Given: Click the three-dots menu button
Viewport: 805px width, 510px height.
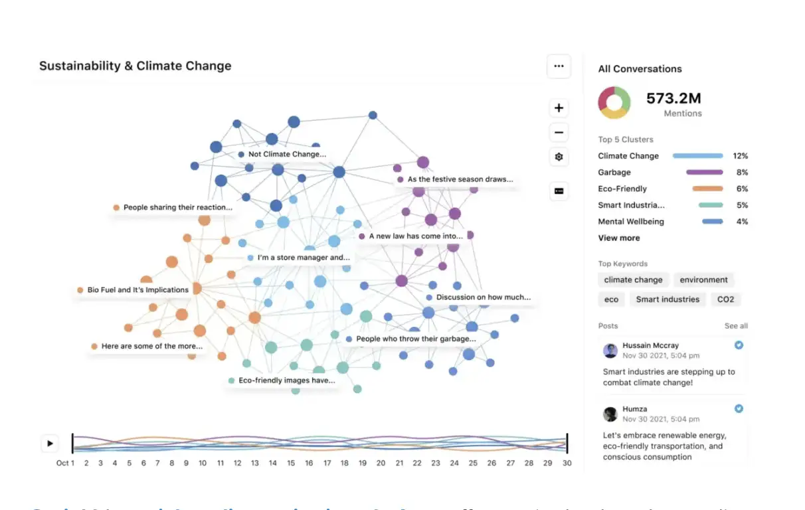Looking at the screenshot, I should pyautogui.click(x=559, y=66).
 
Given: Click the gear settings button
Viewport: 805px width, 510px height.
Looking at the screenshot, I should pyautogui.click(x=559, y=157).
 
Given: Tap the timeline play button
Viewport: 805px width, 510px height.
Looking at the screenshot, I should pyautogui.click(x=50, y=443).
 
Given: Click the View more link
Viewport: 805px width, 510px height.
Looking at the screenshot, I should pyautogui.click(x=619, y=238).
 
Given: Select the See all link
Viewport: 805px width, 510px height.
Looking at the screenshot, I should pyautogui.click(x=736, y=326).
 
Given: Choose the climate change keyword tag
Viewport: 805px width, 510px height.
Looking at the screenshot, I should pyautogui.click(x=633, y=280).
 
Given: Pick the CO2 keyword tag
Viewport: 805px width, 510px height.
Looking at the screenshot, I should pyautogui.click(x=725, y=299).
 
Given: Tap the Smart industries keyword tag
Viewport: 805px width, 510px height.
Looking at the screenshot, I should pyautogui.click(x=668, y=299).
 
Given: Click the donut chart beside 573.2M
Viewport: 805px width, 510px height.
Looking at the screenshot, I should pyautogui.click(x=614, y=103).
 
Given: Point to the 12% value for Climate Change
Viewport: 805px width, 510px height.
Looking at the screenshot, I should pyautogui.click(x=740, y=156).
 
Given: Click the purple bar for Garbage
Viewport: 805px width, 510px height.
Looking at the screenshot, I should pyautogui.click(x=704, y=173).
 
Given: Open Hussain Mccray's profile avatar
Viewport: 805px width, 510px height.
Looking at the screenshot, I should pyautogui.click(x=610, y=351).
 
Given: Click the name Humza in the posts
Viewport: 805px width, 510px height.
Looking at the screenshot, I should pyautogui.click(x=634, y=409).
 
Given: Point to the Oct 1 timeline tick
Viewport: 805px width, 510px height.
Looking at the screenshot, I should pyautogui.click(x=66, y=463).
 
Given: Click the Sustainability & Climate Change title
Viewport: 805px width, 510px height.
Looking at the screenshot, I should pyautogui.click(x=135, y=66).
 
